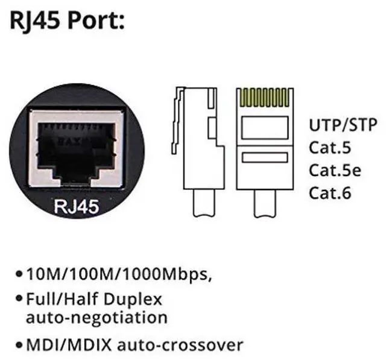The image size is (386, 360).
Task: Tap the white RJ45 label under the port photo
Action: point(77,206)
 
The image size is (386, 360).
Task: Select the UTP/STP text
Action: point(343,125)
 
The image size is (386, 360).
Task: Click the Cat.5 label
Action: point(329,148)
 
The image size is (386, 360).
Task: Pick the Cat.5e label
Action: point(335,170)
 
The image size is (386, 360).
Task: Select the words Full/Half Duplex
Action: point(93,300)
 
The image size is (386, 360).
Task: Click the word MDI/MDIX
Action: point(64,345)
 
